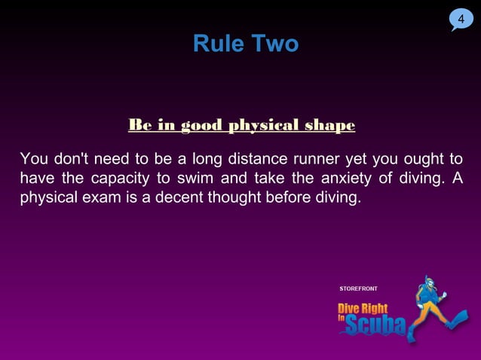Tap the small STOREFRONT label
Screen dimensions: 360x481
point(359,289)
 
